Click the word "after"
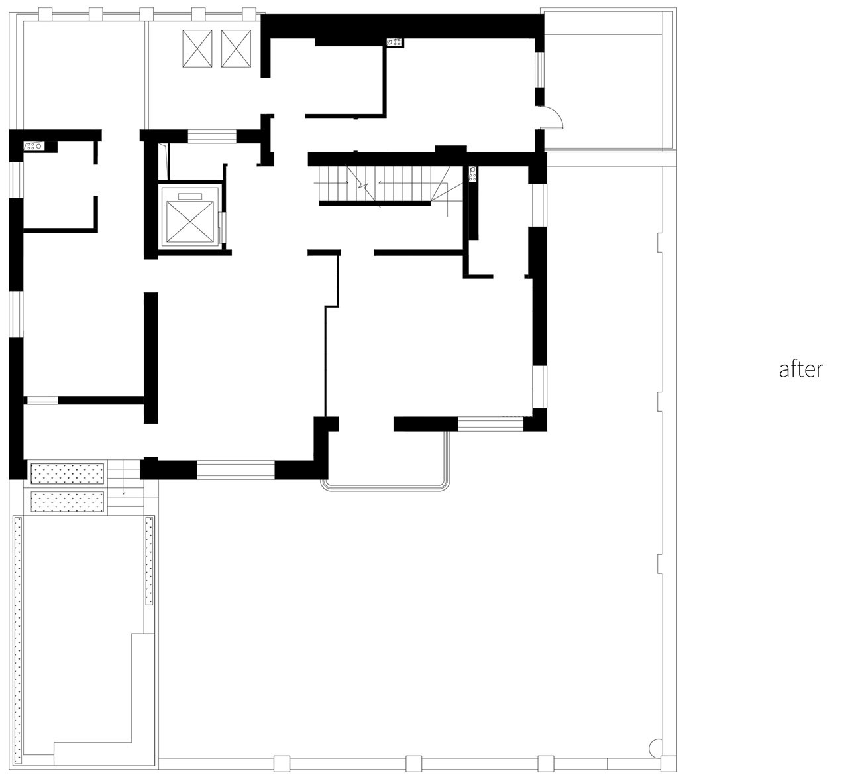pos(801,369)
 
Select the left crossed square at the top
pos(197,48)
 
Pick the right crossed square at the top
pos(236,48)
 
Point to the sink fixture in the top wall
pos(394,42)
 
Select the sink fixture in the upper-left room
pos(34,146)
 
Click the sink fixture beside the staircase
pos(473,174)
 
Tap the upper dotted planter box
pos(67,473)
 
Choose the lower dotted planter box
pos(67,501)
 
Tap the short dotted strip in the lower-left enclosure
pos(149,560)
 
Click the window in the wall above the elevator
pos(212,137)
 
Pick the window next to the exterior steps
pos(235,469)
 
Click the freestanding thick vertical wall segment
pos(151,357)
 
